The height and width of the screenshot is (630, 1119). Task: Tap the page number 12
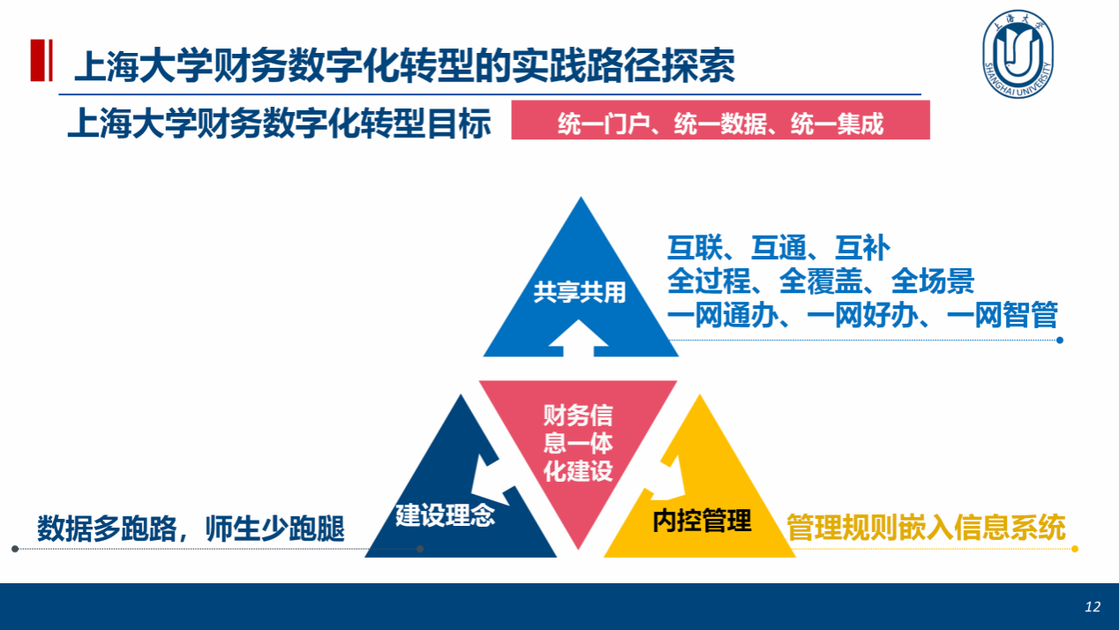pyautogui.click(x=1093, y=607)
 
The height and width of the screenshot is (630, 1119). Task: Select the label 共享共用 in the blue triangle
pyautogui.click(x=579, y=293)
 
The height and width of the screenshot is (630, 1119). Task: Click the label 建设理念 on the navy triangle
pyautogui.click(x=445, y=514)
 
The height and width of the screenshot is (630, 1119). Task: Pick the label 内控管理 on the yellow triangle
pyautogui.click(x=702, y=521)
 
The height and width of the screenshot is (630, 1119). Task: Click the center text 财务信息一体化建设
pyautogui.click(x=578, y=443)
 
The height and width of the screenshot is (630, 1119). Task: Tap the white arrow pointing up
pyautogui.click(x=579, y=335)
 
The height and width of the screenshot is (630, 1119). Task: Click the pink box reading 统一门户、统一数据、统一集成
pyautogui.click(x=720, y=121)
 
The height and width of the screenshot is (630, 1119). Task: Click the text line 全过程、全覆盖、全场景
pyautogui.click(x=820, y=281)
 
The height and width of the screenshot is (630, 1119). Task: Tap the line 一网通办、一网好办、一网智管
pyautogui.click(x=861, y=315)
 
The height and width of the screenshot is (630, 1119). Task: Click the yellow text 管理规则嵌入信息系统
pyautogui.click(x=926, y=528)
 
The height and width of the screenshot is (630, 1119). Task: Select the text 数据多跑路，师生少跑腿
pyautogui.click(x=191, y=528)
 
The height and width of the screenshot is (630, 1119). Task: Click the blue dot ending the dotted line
pyautogui.click(x=1060, y=340)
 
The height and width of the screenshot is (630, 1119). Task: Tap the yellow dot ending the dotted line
pyautogui.click(x=1075, y=549)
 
